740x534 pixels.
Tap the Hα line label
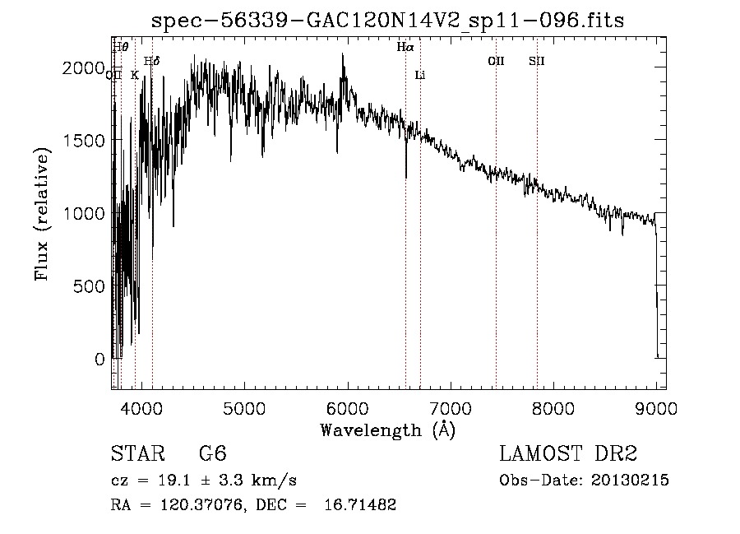click(x=405, y=48)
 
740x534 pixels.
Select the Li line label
click(x=420, y=75)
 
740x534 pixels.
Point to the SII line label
click(x=537, y=61)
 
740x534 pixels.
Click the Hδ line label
click(x=151, y=61)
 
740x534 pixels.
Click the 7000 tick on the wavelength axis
click(x=450, y=406)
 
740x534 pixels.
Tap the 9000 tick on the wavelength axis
click(x=656, y=406)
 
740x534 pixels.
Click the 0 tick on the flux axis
click(x=99, y=359)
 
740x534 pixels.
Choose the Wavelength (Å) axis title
click(x=387, y=430)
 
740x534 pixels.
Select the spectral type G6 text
click(x=212, y=454)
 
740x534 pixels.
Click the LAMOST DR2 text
click(x=568, y=454)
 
